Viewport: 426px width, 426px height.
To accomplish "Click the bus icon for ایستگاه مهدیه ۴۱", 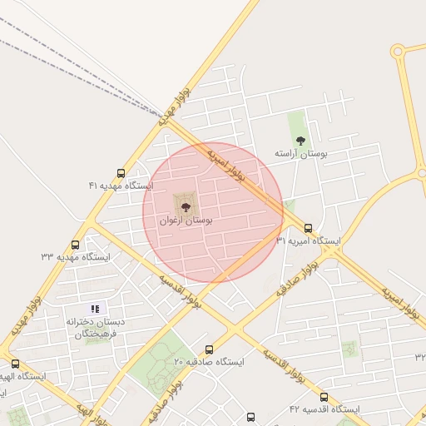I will point(121,174).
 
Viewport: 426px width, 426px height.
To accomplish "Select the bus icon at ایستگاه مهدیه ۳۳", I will point(76,245).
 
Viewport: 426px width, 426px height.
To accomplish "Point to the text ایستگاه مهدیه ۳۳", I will point(76,257).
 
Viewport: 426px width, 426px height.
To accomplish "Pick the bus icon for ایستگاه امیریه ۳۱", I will point(309,228).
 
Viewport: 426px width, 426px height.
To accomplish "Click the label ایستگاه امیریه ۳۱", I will point(308,240).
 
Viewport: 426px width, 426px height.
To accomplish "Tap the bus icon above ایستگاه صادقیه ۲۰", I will point(209,350).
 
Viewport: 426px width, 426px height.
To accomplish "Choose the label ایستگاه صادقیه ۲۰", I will point(209,362).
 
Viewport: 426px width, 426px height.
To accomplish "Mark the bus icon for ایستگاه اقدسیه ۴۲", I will point(324,398).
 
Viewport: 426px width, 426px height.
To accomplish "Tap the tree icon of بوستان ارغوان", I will point(185,205).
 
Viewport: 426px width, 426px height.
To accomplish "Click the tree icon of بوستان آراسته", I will point(300,141).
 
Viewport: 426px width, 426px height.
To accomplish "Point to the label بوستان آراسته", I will point(301,154).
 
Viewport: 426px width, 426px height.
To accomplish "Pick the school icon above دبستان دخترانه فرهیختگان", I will point(94,310).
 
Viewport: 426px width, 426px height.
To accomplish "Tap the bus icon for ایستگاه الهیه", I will point(15,364).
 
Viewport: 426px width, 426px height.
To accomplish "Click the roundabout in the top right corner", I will point(398,52).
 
